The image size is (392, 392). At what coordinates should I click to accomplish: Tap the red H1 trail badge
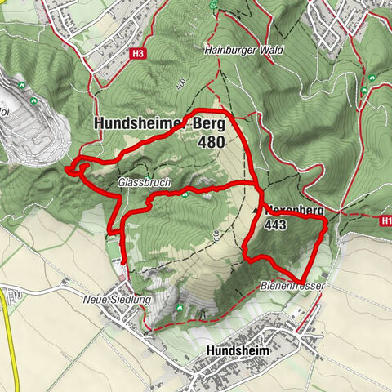pos(385,220)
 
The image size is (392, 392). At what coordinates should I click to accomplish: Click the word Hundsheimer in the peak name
pos(141,124)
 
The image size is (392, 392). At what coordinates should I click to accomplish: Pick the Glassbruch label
pos(144,183)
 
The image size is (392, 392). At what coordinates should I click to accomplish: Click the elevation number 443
pos(275,226)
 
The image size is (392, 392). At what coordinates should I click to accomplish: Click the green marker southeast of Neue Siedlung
pos(180,308)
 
